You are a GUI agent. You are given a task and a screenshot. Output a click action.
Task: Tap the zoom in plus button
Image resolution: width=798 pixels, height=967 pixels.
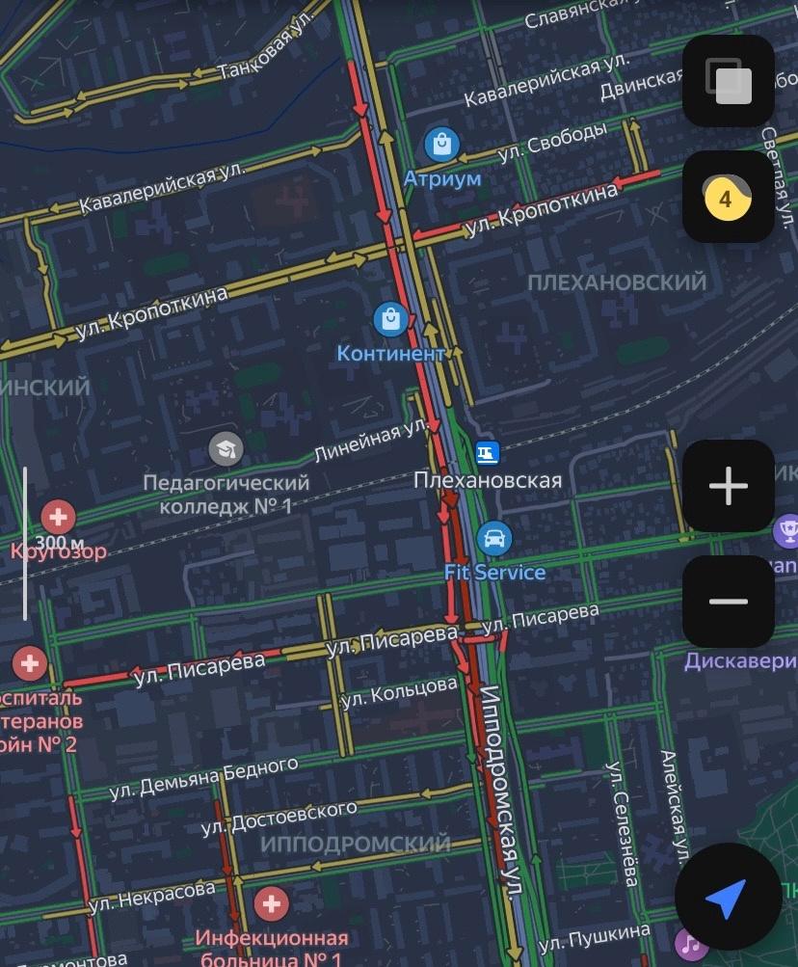728,486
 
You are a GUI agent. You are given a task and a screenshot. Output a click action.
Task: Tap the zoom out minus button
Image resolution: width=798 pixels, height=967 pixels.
728,602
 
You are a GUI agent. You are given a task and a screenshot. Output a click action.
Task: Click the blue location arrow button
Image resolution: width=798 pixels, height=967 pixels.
727,898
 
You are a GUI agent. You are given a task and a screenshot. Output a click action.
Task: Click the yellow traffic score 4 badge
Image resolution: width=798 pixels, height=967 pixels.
727,199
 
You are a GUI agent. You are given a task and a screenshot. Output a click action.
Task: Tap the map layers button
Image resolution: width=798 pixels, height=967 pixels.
728,81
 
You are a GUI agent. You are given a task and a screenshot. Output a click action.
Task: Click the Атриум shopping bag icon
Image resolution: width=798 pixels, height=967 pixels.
441,146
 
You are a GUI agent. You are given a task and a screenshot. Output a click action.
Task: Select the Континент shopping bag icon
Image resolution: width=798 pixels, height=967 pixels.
390,318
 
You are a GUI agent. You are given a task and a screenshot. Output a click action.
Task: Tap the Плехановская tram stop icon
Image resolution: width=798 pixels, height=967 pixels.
488,451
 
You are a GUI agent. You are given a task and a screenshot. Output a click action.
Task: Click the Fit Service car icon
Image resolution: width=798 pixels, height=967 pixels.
493,538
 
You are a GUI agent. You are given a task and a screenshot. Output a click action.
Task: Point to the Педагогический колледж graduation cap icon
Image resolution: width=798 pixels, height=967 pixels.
226,447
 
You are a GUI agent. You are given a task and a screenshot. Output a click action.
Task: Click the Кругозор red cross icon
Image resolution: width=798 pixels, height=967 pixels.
59,517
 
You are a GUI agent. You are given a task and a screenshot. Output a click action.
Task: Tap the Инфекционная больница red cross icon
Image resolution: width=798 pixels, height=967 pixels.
271,904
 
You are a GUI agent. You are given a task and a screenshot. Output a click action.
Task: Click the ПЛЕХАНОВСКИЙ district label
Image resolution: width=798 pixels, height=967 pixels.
617,282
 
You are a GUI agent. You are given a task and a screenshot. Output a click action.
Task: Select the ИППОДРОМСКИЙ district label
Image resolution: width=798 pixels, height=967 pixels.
356,845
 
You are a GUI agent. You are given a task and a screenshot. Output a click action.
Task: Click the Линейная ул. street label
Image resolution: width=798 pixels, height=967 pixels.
372,440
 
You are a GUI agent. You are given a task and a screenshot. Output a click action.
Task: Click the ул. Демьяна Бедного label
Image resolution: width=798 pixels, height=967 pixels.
203,778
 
